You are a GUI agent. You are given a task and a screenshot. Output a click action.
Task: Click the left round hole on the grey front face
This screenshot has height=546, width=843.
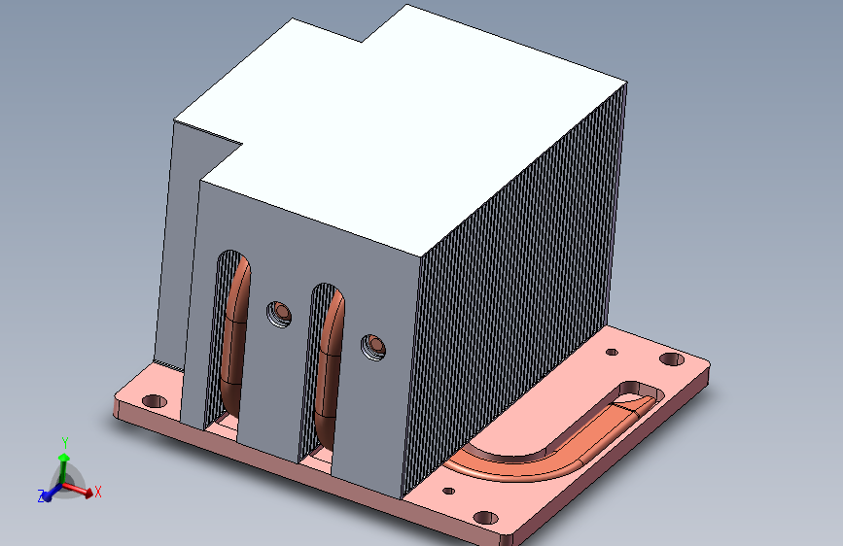coord(279,314)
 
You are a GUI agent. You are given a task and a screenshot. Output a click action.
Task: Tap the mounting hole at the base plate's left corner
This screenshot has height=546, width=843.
coord(153,400)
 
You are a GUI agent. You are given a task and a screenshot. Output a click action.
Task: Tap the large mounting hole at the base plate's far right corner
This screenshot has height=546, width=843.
coord(671,359)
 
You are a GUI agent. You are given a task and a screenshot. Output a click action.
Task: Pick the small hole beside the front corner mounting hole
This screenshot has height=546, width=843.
coord(449,492)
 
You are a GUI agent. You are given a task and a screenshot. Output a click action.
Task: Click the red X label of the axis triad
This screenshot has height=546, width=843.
coord(98,492)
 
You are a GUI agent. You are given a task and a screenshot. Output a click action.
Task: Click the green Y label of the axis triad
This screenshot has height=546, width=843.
coord(64,441)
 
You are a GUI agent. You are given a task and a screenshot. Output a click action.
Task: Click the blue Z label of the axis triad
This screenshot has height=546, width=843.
coord(42,496)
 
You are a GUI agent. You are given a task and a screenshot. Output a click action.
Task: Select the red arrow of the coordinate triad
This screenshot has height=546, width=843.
coord(82,491)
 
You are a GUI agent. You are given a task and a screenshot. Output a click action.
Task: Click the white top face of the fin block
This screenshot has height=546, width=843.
coord(408,136)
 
